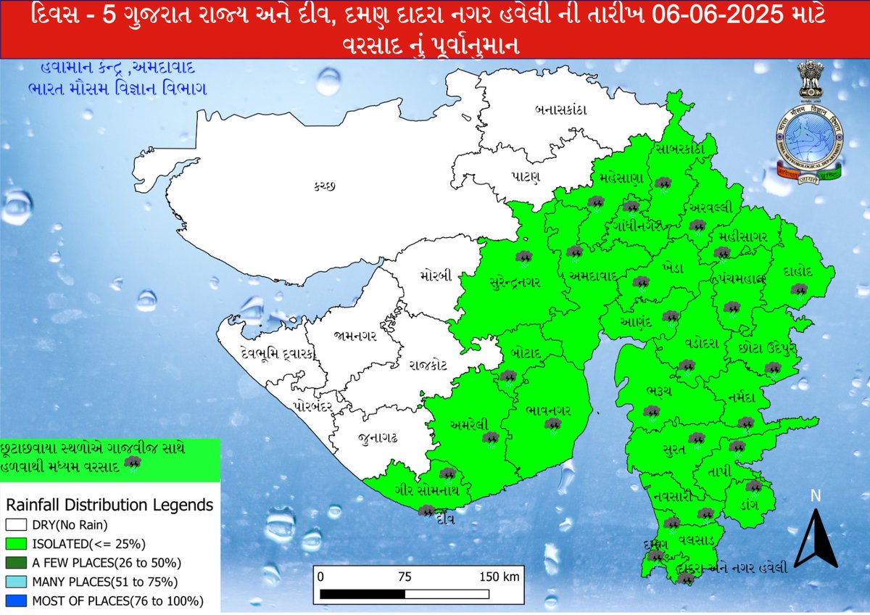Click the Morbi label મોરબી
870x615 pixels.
pyautogui.click(x=435, y=276)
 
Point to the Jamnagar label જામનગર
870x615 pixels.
pyautogui.click(x=355, y=336)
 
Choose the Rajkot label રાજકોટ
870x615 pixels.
pyautogui.click(x=430, y=366)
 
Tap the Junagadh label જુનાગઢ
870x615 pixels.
pyautogui.click(x=377, y=439)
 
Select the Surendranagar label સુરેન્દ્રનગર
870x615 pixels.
pyautogui.click(x=515, y=281)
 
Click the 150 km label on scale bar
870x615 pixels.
pyautogui.click(x=500, y=577)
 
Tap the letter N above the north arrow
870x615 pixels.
pyautogui.click(x=815, y=497)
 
